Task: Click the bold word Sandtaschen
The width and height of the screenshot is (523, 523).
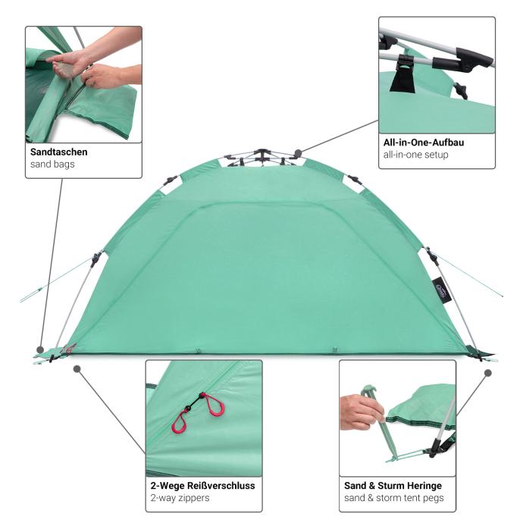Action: (x=58, y=152)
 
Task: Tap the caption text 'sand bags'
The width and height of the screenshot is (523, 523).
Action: (x=52, y=164)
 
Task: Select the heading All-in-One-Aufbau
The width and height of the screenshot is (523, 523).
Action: (x=424, y=142)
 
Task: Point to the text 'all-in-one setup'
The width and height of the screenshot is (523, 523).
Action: (x=415, y=155)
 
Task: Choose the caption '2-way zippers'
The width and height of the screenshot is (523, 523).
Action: (x=180, y=498)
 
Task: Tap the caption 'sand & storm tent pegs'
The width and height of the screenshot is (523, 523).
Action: (x=394, y=498)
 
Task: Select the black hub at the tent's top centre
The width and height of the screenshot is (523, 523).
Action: (x=262, y=153)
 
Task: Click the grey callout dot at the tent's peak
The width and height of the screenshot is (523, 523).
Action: (x=299, y=154)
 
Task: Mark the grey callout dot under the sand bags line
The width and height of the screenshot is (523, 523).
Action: (x=40, y=350)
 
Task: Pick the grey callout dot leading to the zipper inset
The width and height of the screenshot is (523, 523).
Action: (x=77, y=369)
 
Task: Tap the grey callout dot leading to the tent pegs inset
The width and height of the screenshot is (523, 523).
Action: (x=488, y=373)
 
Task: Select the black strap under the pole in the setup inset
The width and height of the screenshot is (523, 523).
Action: (x=403, y=80)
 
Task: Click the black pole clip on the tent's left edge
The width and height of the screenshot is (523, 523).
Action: (x=96, y=258)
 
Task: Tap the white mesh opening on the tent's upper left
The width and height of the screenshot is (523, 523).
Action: (x=171, y=186)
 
